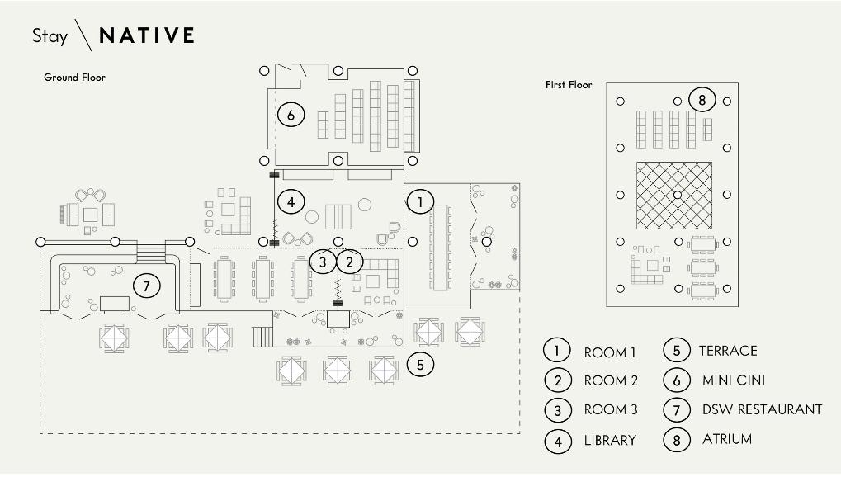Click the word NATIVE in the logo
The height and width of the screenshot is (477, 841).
tap(146, 35)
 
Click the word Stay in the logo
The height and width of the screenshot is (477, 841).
tap(50, 36)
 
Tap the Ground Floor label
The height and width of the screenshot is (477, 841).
tap(74, 78)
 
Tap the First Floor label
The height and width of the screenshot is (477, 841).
tap(569, 85)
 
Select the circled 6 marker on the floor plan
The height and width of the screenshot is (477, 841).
tap(291, 115)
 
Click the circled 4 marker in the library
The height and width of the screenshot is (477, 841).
tap(291, 201)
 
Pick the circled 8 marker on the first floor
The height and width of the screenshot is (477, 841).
tap(702, 99)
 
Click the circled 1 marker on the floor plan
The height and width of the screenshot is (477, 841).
tap(420, 201)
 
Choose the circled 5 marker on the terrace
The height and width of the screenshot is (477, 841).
tap(420, 364)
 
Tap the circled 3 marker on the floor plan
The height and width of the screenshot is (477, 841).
tap(323, 262)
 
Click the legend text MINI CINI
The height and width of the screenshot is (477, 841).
tap(734, 380)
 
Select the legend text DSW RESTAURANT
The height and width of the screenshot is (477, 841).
tap(762, 409)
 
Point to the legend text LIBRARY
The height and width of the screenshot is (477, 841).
tap(610, 441)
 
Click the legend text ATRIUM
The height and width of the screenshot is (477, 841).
tap(727, 439)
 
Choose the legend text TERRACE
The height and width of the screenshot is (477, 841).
tap(728, 351)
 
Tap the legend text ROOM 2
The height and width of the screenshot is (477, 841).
tap(611, 380)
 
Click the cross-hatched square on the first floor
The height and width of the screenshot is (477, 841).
tap(674, 196)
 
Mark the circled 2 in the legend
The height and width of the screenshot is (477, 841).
tap(558, 380)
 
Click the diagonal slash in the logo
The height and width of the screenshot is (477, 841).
tap(83, 35)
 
